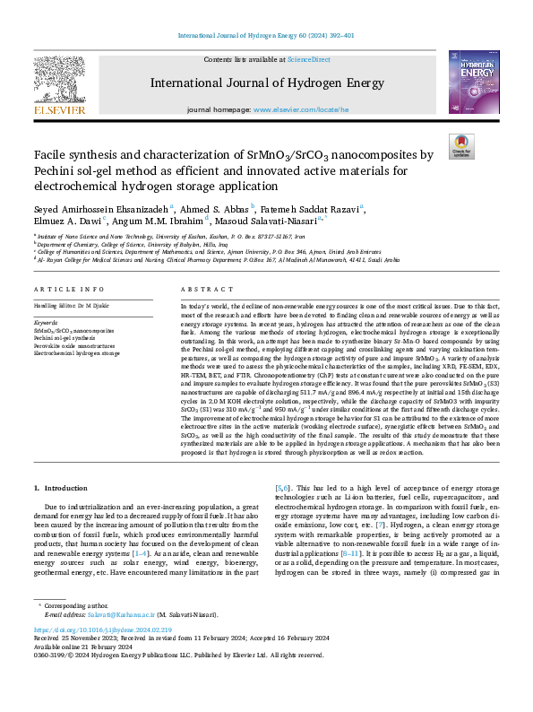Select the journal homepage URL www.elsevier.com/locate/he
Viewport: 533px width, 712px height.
coord(300,110)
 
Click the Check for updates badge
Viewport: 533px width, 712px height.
coord(460,146)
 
